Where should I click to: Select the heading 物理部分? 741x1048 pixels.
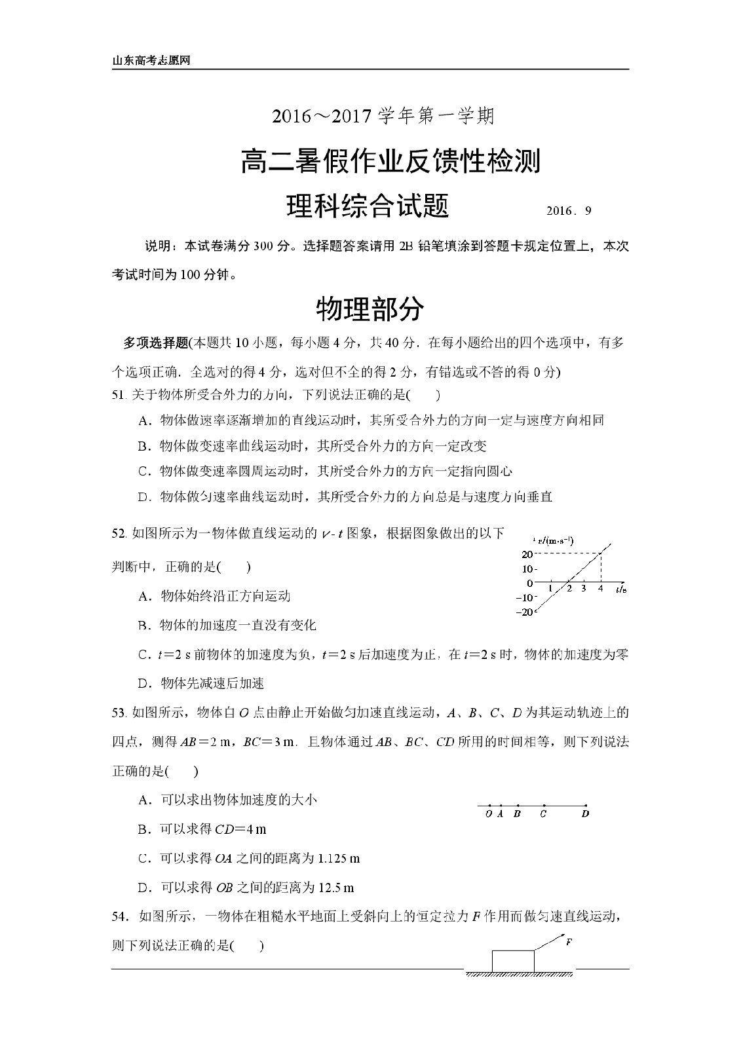click(x=370, y=309)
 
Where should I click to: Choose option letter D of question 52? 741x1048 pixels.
click(x=144, y=684)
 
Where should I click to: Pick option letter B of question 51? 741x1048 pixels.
click(x=144, y=447)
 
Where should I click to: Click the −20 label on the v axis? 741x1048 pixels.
click(x=525, y=612)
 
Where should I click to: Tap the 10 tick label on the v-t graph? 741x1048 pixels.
click(x=528, y=569)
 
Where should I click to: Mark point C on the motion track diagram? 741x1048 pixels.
click(x=543, y=814)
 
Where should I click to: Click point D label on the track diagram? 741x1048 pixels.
click(x=585, y=814)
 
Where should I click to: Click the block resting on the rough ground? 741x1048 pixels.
click(x=513, y=961)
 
